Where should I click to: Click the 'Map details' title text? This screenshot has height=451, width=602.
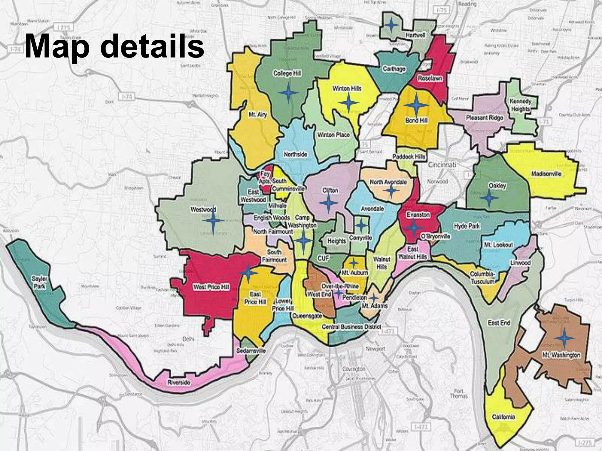pos(114,46)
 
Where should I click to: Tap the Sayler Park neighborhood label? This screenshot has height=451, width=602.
pos(39,282)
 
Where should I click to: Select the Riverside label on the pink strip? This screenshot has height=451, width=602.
pos(179,382)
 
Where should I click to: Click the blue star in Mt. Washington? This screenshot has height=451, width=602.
pos(564,339)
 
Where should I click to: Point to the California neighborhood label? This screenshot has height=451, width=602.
pos(503,417)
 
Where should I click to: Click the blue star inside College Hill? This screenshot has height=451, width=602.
pos(288,93)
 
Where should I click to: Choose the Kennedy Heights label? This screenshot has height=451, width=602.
pos(520,105)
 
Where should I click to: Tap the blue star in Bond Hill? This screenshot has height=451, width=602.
pos(416,105)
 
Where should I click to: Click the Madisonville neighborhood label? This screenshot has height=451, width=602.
pos(546,174)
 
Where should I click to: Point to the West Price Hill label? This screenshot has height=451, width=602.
pos(211,287)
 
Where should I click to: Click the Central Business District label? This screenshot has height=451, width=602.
pos(351,327)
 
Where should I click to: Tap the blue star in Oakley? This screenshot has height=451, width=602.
pos(489,198)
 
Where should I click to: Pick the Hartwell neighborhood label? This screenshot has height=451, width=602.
pos(415,35)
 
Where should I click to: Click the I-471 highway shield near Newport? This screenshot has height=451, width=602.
pos(388,331)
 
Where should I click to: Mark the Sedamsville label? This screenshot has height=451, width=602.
pos(251,351)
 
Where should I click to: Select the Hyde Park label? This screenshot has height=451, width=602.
pos(467,226)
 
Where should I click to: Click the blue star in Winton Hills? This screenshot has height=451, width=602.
pos(348,102)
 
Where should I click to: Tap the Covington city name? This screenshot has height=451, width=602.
pos(354,369)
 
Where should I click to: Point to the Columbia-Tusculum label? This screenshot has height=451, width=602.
pos(482,277)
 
